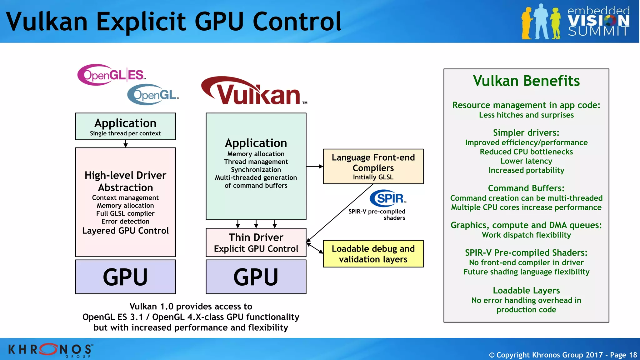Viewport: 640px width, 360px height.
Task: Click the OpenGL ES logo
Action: [x=111, y=75]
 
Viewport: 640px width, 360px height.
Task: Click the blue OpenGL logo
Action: [x=153, y=94]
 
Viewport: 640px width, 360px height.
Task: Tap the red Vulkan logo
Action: [x=254, y=91]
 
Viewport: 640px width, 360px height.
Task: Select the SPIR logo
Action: [x=387, y=198]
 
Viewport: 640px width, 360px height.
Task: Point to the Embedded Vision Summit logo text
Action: [x=598, y=21]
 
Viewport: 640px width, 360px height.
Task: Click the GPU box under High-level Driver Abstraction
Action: [x=125, y=277]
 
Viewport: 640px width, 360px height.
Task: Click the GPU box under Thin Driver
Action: [x=256, y=277]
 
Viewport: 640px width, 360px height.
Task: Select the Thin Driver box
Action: [x=256, y=242]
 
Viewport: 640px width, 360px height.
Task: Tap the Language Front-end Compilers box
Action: [x=373, y=166]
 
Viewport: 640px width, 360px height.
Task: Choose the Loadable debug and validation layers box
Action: [x=373, y=254]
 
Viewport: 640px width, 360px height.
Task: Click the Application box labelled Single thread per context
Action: [x=125, y=126]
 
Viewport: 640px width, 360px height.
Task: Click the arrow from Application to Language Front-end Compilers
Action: [x=314, y=167]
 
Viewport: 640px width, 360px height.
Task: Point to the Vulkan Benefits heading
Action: [x=526, y=81]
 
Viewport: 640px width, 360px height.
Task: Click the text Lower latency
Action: [x=526, y=161]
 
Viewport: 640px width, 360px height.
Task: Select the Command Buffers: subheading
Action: [x=526, y=188]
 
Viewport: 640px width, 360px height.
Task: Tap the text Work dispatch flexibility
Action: [x=526, y=235]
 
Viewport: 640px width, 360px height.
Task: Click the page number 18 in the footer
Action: [x=633, y=355]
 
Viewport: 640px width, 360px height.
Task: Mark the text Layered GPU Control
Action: [x=125, y=231]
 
